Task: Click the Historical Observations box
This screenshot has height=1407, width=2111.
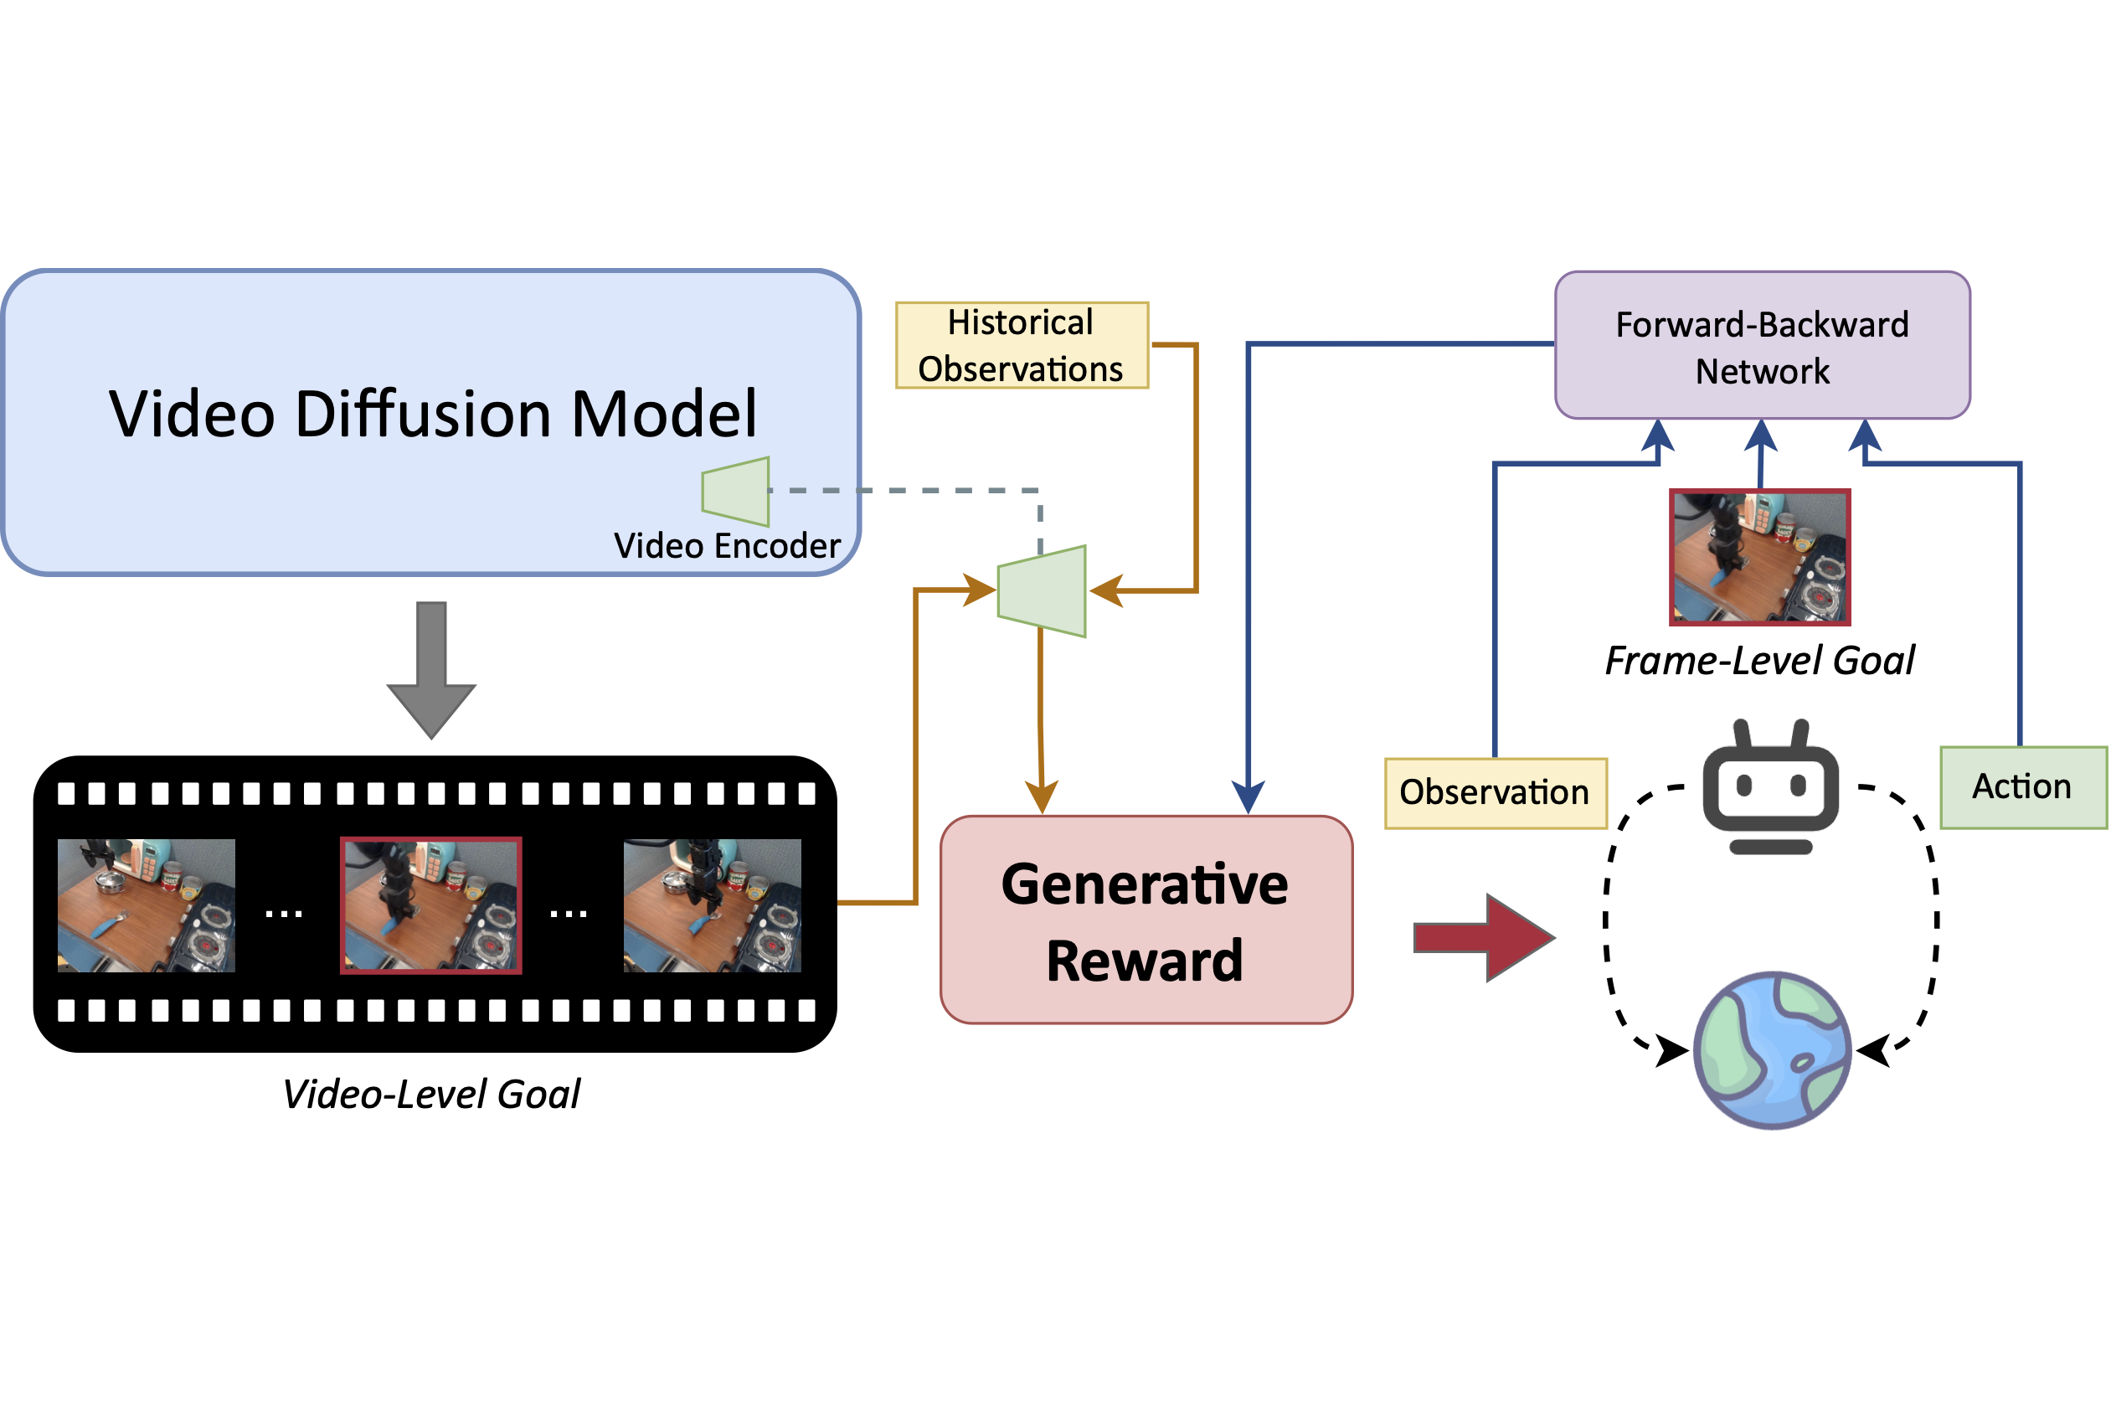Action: (x=1021, y=345)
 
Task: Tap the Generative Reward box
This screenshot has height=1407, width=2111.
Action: (x=1145, y=920)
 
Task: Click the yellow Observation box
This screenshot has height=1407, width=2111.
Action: (x=1495, y=792)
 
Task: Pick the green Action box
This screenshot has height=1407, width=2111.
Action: (x=2022, y=787)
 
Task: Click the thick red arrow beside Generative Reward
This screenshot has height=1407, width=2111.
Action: (x=1482, y=937)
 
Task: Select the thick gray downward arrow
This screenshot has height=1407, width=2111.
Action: (x=431, y=668)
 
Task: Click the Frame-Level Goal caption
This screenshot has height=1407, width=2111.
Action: (x=1759, y=662)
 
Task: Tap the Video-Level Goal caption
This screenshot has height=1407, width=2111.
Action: (x=431, y=1095)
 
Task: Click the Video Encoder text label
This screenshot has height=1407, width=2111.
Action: (x=727, y=545)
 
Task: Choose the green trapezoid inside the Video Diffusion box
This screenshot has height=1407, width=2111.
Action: (x=736, y=492)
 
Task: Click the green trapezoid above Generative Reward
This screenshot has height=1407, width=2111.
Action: (x=1043, y=591)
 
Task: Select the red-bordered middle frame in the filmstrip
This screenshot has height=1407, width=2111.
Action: (x=430, y=904)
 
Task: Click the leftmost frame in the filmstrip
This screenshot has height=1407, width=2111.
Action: (x=147, y=904)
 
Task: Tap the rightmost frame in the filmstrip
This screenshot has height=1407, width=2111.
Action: (x=713, y=904)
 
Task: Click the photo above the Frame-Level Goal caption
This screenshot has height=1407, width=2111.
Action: (x=1759, y=557)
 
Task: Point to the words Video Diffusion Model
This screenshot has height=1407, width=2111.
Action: (x=433, y=415)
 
